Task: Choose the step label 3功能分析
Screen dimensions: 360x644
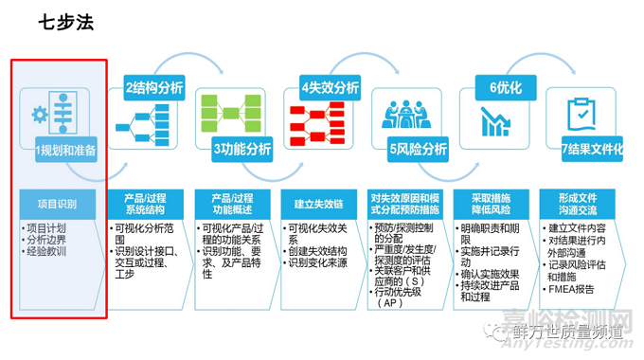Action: (242, 149)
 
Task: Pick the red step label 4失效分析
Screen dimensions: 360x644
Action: (330, 88)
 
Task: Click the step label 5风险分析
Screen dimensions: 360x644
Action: (418, 149)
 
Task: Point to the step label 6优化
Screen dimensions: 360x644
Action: (505, 88)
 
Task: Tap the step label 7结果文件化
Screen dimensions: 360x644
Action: (592, 149)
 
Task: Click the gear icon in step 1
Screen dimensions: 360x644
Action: (39, 115)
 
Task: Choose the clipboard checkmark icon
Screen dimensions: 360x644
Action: (579, 115)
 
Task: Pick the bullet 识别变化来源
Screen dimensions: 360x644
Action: (323, 261)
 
